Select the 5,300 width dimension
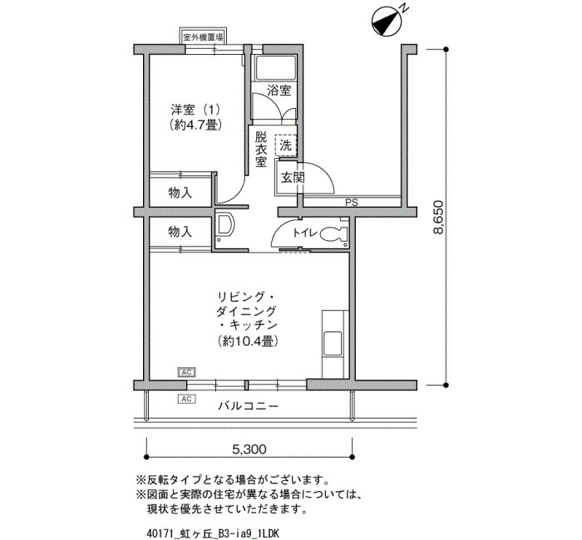click(249, 449)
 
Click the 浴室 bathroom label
click(279, 91)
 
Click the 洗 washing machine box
click(285, 145)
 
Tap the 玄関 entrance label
click(293, 178)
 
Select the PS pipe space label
click(351, 203)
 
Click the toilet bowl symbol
click(333, 234)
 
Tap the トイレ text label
click(305, 233)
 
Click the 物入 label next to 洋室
click(180, 193)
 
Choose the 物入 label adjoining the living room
click(180, 233)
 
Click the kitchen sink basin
click(333, 343)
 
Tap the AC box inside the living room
click(187, 372)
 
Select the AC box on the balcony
click(187, 399)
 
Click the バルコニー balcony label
click(248, 406)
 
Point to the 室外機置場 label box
click(203, 37)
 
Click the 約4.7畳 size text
click(195, 125)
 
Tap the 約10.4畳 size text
click(248, 341)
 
